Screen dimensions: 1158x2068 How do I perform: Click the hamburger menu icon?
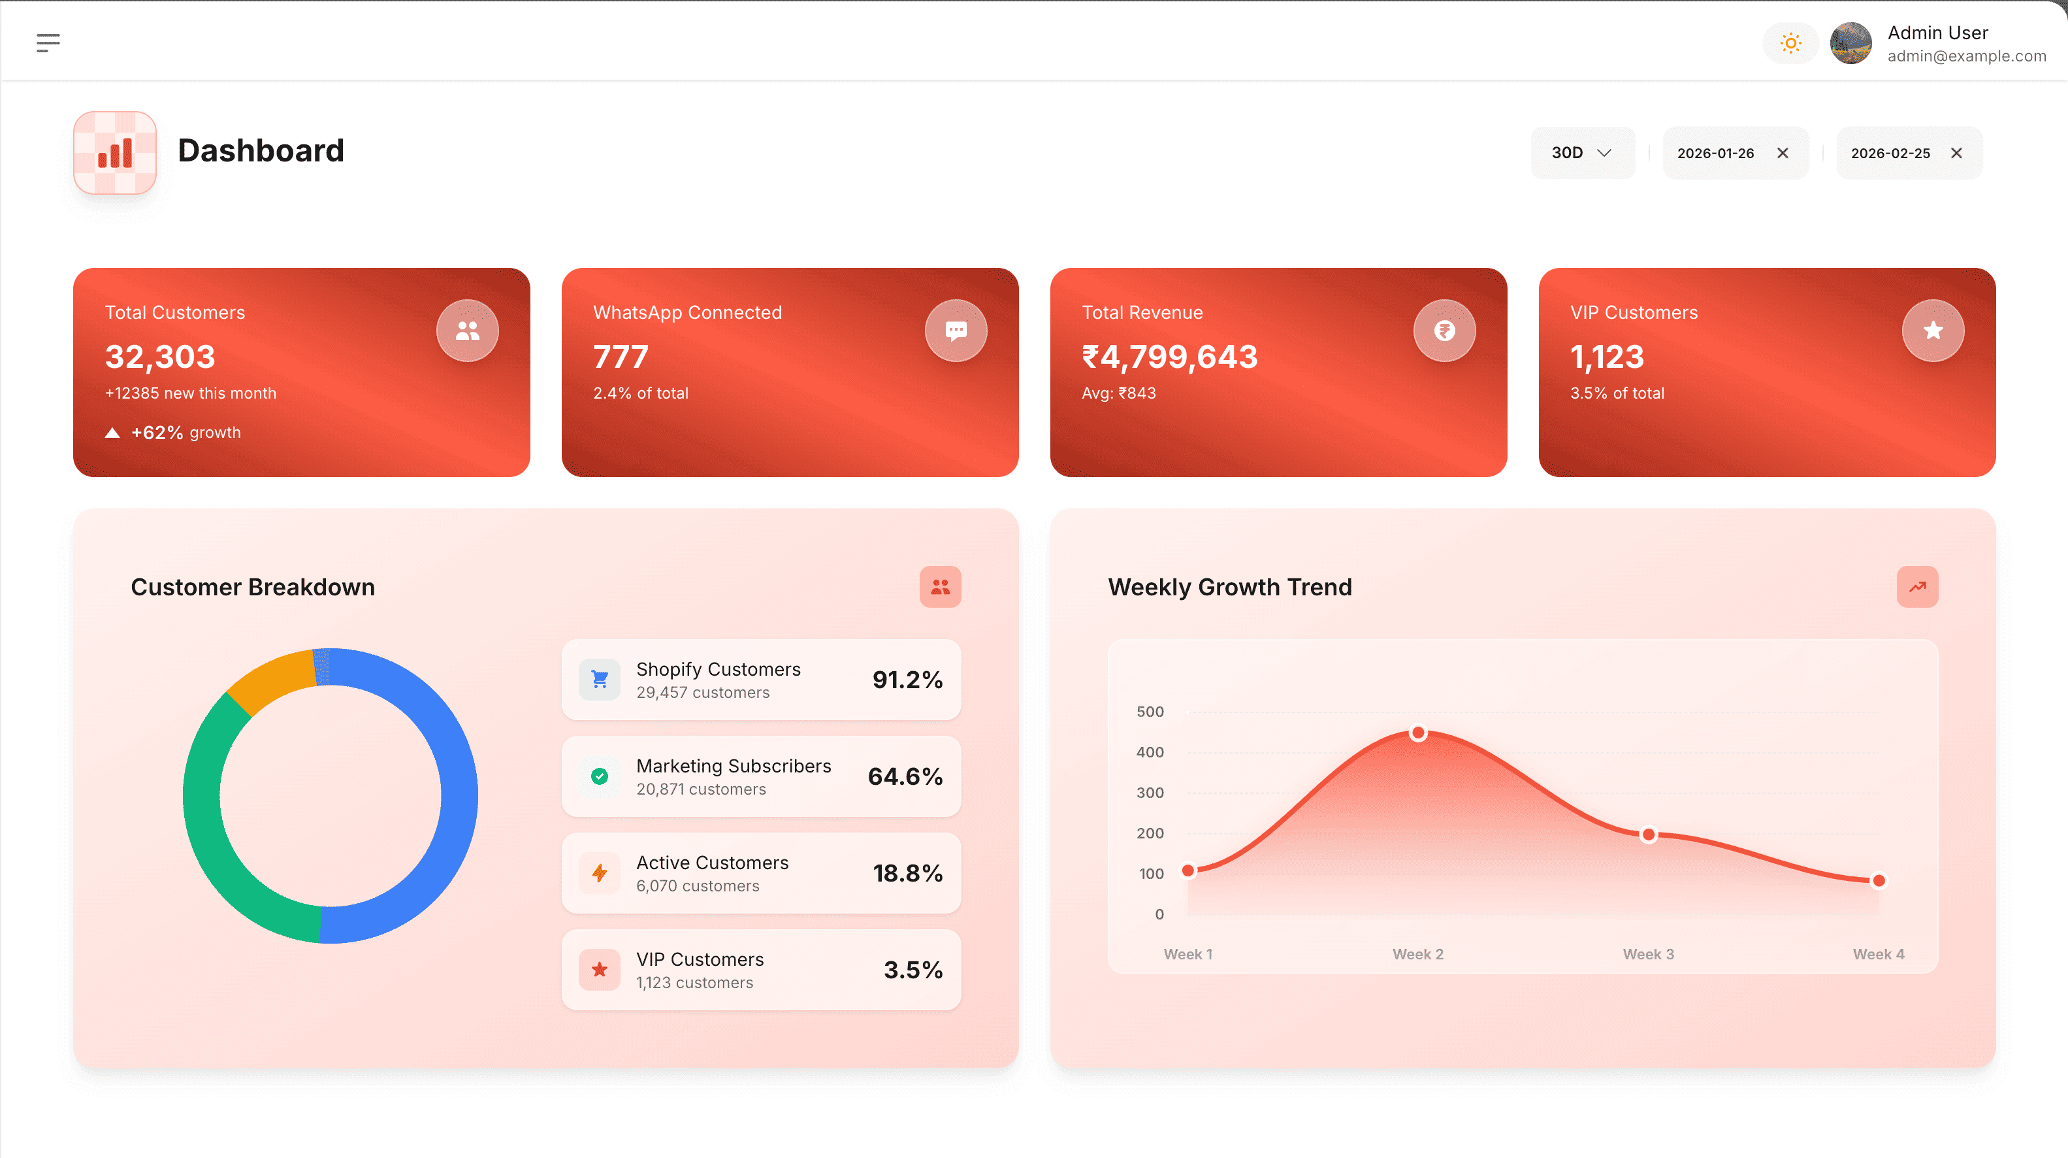(x=48, y=42)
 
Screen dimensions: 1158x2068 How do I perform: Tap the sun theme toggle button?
(x=1790, y=42)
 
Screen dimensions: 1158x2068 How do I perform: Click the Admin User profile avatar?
(x=1850, y=43)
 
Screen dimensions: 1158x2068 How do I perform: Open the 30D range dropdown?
(x=1581, y=152)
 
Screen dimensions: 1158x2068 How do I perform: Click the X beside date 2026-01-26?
(x=1782, y=152)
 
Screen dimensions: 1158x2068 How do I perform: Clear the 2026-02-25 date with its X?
(x=1956, y=152)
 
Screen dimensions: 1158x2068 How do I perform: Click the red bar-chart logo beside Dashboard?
(x=115, y=152)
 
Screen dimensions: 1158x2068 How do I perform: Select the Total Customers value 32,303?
(x=161, y=357)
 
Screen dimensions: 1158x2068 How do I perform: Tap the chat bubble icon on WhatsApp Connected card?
(x=956, y=330)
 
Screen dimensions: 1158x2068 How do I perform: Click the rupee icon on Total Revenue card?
(x=1444, y=330)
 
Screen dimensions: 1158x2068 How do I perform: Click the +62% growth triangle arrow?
(x=112, y=433)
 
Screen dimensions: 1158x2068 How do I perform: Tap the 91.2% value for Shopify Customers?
(x=907, y=680)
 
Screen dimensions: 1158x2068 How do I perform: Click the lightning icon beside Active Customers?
(x=600, y=873)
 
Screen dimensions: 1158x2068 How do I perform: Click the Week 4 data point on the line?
(x=1879, y=880)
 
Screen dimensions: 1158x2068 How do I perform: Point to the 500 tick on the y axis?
(x=1150, y=712)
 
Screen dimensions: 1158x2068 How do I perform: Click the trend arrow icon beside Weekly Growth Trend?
(x=1917, y=586)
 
